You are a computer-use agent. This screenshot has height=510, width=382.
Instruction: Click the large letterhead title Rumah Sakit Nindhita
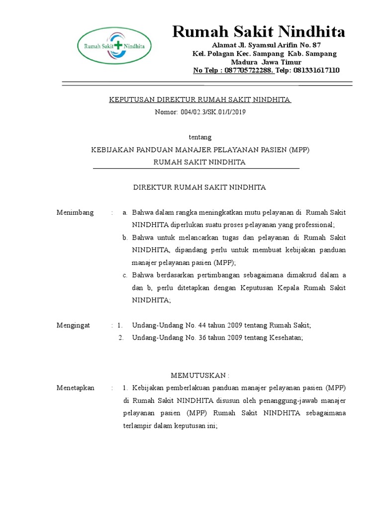258,32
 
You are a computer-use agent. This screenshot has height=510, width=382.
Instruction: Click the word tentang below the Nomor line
201,137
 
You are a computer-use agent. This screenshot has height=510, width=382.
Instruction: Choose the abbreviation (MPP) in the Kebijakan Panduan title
298,150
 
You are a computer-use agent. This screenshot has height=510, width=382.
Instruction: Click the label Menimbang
75,213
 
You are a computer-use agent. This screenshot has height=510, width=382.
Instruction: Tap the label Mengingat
74,325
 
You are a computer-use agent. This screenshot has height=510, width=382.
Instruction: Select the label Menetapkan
76,387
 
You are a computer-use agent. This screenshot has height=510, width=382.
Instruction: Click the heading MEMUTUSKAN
200,375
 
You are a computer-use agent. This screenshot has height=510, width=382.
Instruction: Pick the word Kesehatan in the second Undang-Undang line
285,338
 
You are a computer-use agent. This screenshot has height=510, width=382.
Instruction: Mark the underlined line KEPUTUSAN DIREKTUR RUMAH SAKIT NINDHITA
200,100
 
